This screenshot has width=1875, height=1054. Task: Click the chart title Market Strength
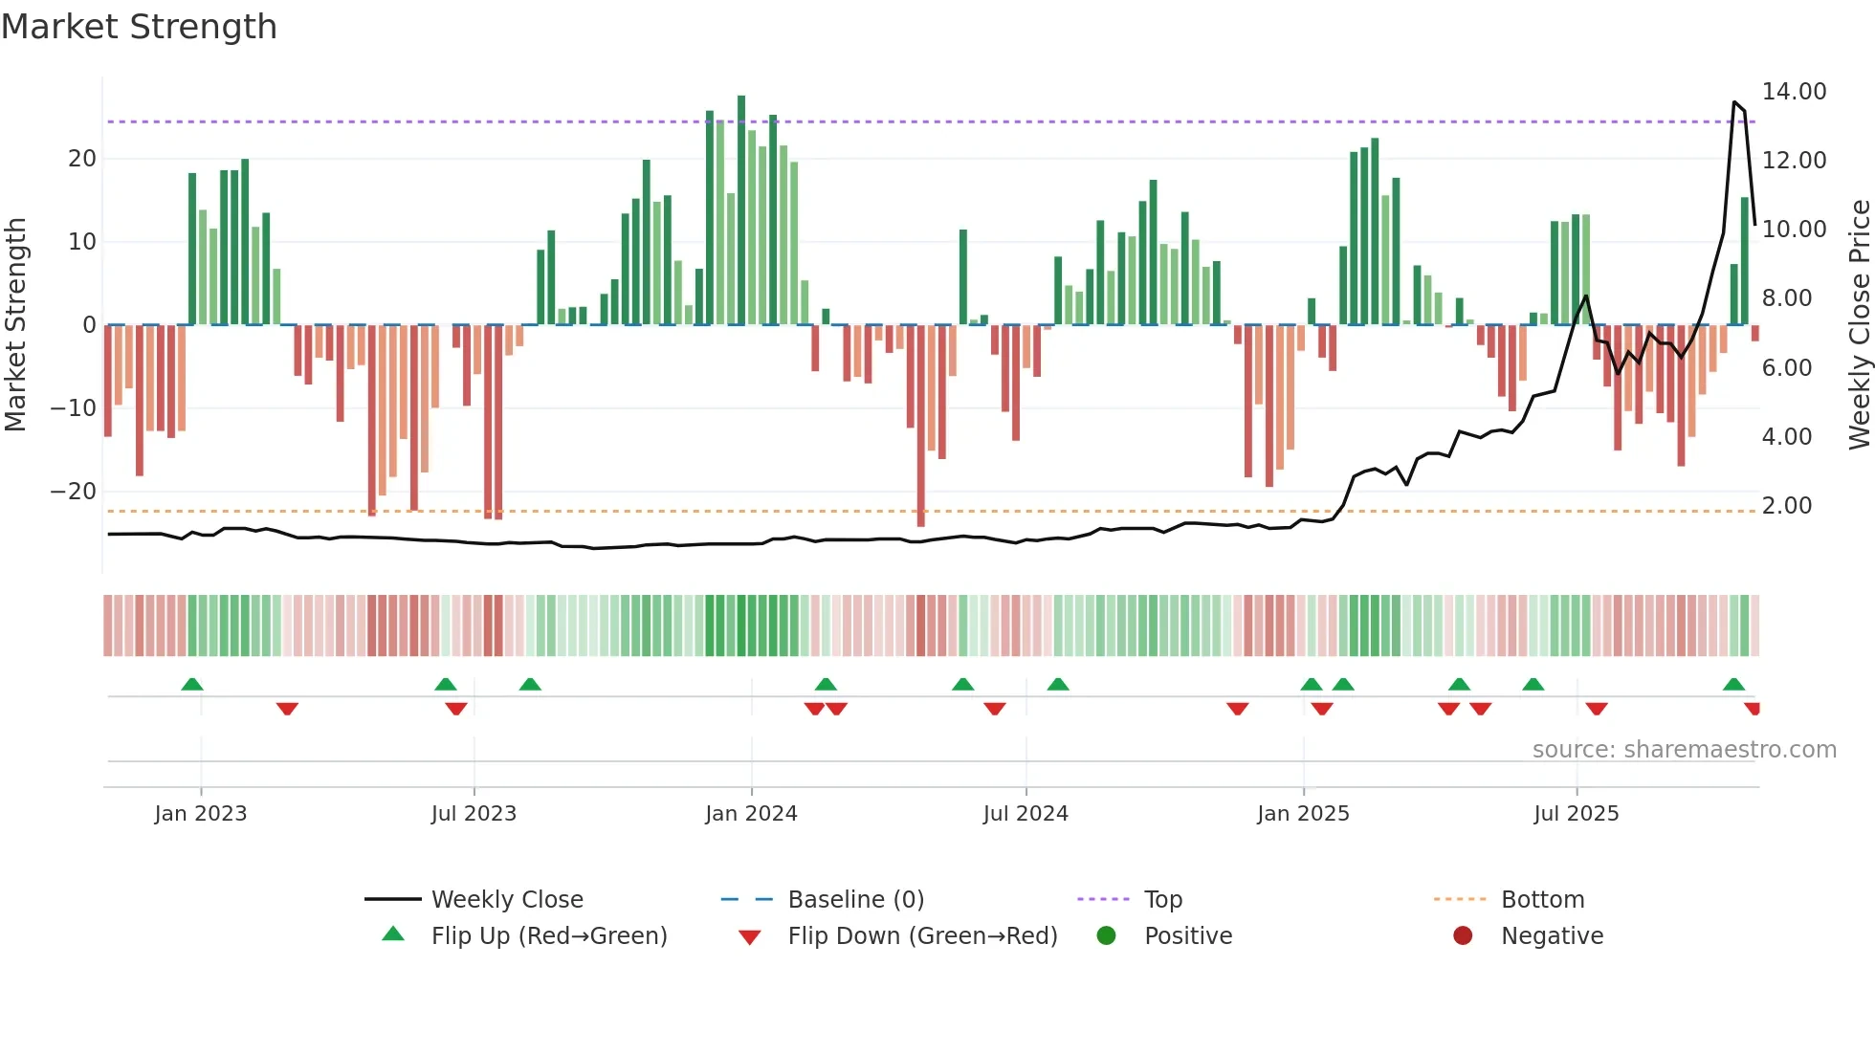pyautogui.click(x=139, y=27)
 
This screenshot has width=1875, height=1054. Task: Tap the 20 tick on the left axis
pyautogui.click(x=82, y=159)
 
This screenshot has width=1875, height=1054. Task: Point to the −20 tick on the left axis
pyautogui.click(x=74, y=492)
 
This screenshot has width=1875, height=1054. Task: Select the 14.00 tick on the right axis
pyautogui.click(x=1794, y=92)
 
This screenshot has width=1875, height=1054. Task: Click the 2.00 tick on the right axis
pyautogui.click(x=1786, y=506)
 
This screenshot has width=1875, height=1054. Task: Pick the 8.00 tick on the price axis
pyautogui.click(x=1786, y=298)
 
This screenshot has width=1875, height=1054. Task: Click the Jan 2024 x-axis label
pyautogui.click(x=751, y=814)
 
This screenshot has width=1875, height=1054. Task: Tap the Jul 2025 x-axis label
pyautogui.click(x=1576, y=814)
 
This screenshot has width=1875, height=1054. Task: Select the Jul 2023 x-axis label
pyautogui.click(x=474, y=814)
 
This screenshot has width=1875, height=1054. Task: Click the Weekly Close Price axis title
pyautogui.click(x=1859, y=325)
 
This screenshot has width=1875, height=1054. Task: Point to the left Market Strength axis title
pyautogui.click(x=15, y=325)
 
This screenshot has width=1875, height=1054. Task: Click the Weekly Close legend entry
pyautogui.click(x=506, y=900)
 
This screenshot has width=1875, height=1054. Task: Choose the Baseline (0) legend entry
pyautogui.click(x=855, y=900)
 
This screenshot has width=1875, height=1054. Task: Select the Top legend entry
pyautogui.click(x=1162, y=900)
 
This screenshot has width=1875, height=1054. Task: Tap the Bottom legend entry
pyautogui.click(x=1542, y=900)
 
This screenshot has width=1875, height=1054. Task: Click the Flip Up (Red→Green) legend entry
pyautogui.click(x=548, y=936)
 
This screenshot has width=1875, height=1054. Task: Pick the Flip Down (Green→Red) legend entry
pyautogui.click(x=921, y=936)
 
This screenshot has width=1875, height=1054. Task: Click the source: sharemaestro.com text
pyautogui.click(x=1684, y=750)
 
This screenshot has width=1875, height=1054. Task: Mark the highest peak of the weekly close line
pyautogui.click(x=1734, y=101)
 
